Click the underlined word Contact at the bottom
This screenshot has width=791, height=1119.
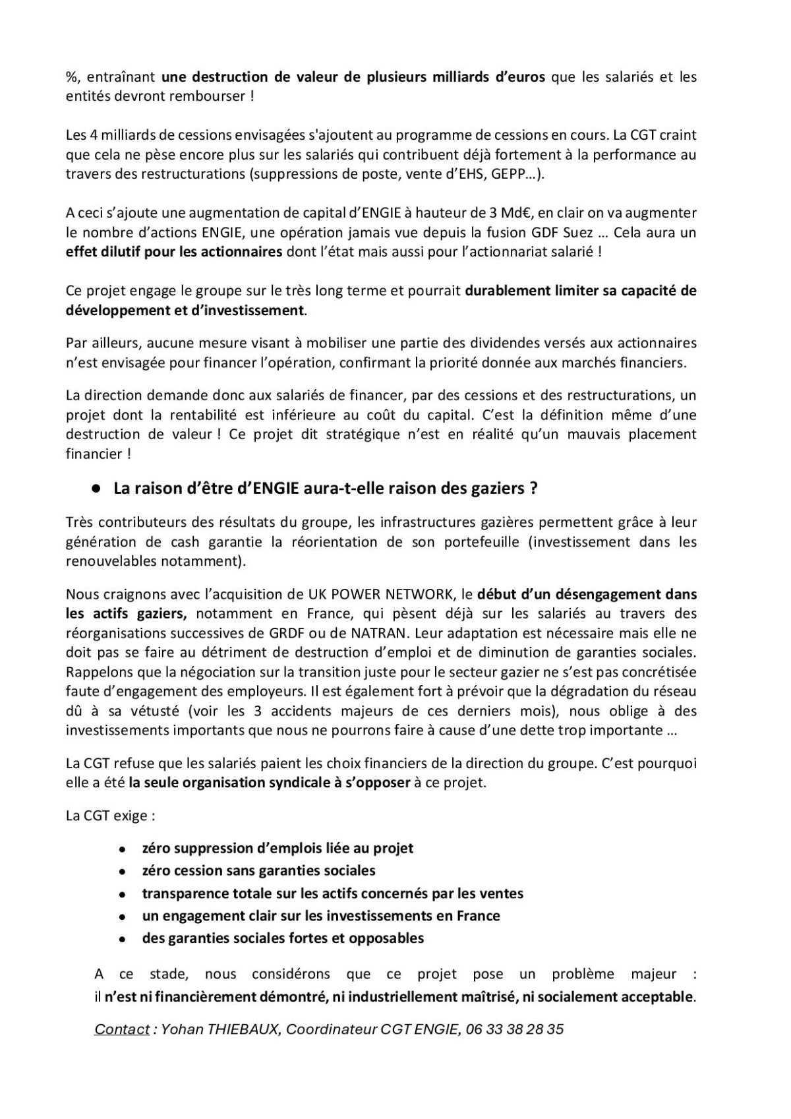[122, 1029]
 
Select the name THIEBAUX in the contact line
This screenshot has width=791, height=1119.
[244, 1029]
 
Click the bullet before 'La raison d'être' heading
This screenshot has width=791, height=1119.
[96, 489]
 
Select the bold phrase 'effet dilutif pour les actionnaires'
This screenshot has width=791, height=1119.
[174, 253]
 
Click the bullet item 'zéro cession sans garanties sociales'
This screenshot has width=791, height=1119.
[258, 870]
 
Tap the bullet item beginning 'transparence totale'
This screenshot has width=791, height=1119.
[332, 893]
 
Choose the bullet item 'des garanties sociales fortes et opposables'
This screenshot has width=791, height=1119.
[283, 938]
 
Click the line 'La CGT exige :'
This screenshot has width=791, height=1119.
[110, 816]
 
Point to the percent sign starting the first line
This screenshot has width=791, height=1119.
[71, 77]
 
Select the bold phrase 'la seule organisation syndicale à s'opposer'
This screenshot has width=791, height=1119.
[269, 783]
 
